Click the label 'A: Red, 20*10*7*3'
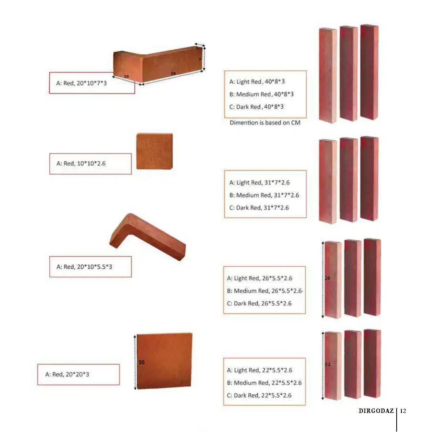click(x=81, y=83)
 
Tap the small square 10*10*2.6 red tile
click(x=155, y=151)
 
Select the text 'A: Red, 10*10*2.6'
click(x=81, y=163)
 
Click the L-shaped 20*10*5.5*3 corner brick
click(x=148, y=237)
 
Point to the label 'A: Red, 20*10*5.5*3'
click(x=84, y=267)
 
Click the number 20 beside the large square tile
click(x=141, y=362)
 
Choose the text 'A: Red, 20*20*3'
click(x=67, y=374)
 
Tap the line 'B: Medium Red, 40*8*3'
click(x=262, y=94)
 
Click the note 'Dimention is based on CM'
click(x=265, y=122)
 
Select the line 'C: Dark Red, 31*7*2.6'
click(x=259, y=208)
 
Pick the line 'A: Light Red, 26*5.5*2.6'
click(x=260, y=278)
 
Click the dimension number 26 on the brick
click(x=327, y=278)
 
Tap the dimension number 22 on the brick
click(x=328, y=364)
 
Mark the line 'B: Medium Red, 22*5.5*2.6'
click(x=264, y=383)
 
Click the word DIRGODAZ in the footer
click(x=376, y=411)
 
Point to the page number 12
click(x=403, y=411)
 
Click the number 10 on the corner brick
click(x=126, y=76)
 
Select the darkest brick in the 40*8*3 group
click(x=370, y=72)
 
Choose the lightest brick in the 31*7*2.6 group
click(x=328, y=181)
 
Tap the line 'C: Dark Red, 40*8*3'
click(x=256, y=107)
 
